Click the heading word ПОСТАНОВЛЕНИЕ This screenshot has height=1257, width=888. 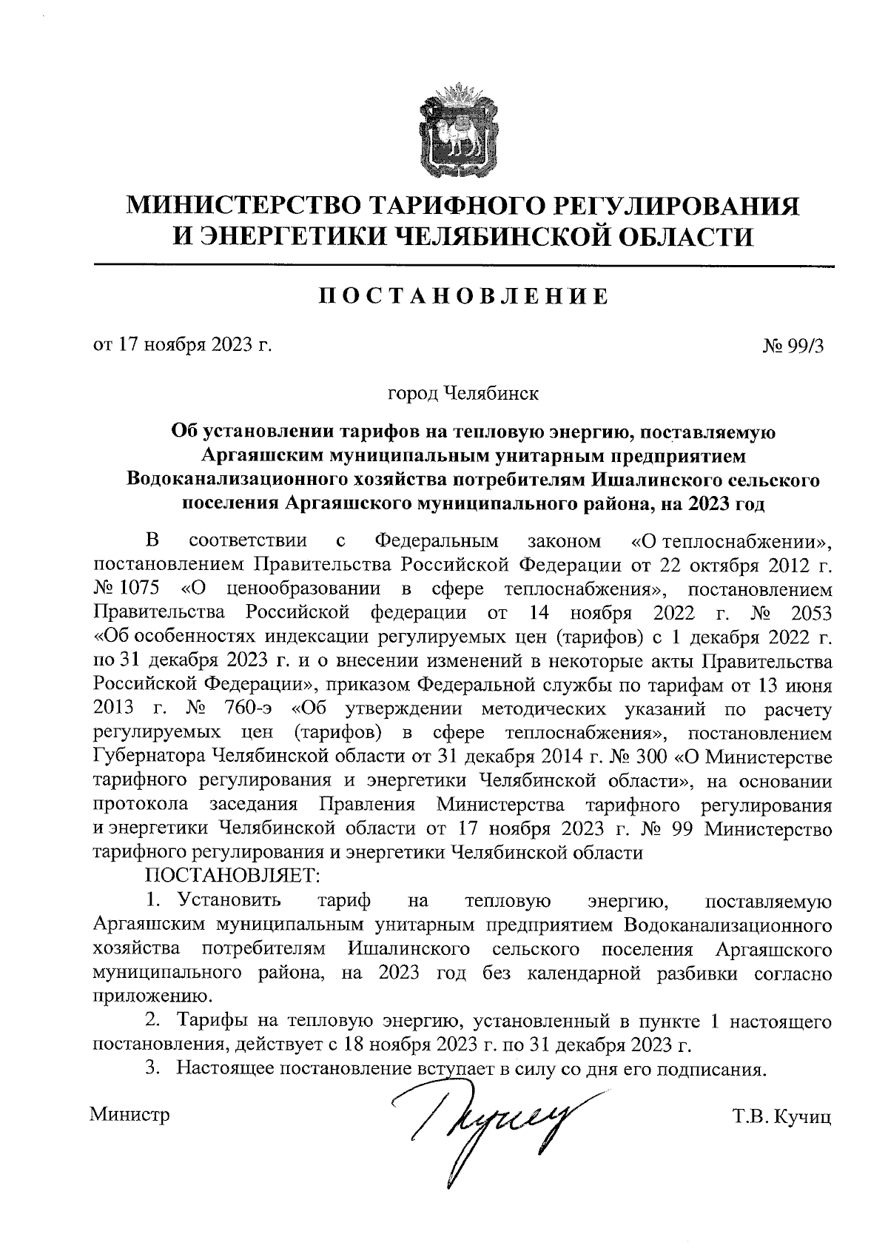464,296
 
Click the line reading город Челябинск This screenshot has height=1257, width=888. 464,392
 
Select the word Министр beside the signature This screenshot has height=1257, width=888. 129,1113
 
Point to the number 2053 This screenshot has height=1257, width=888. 811,613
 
